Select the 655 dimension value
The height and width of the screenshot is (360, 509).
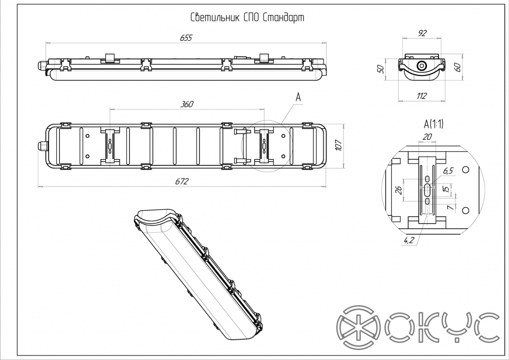point(184,38)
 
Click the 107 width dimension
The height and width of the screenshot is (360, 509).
point(339,145)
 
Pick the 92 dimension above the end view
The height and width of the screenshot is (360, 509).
point(422,33)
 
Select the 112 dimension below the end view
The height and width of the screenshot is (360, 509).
point(422,96)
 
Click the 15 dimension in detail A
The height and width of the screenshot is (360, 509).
point(446,189)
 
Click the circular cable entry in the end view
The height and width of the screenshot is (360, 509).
point(422,66)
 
